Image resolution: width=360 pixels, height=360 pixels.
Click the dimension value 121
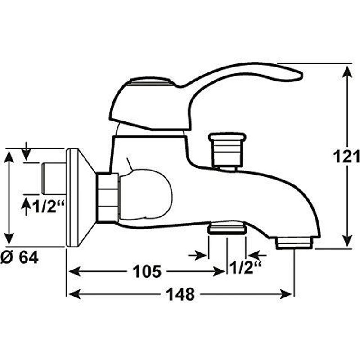tap(346, 156)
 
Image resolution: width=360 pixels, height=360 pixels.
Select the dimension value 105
tap(147, 271)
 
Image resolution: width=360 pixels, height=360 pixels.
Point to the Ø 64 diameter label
tap(19, 257)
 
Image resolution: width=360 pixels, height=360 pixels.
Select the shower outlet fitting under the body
tap(227, 229)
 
